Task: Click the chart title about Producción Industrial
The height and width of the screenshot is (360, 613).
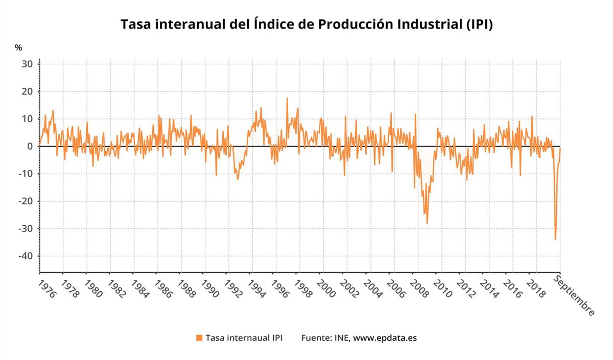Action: [x=306, y=25]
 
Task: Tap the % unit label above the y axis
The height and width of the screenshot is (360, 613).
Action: [x=18, y=47]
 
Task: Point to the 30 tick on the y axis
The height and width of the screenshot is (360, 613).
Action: [x=27, y=64]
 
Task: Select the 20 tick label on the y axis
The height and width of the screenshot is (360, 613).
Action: [x=27, y=92]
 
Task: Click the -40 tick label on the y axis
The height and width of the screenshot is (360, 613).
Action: [x=25, y=256]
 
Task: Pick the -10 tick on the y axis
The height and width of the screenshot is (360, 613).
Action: [x=25, y=174]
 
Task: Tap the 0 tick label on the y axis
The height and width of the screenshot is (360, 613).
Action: [x=30, y=147]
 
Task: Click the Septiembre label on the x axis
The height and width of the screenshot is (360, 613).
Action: [x=574, y=296]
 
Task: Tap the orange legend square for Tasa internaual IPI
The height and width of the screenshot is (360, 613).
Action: [x=199, y=338]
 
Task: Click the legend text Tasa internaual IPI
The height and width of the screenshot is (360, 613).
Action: [x=244, y=338]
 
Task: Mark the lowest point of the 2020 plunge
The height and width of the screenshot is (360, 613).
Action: [x=555, y=239]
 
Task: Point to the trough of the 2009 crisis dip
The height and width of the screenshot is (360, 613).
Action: [x=427, y=224]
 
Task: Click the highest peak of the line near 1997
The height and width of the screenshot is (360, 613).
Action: [x=287, y=98]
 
